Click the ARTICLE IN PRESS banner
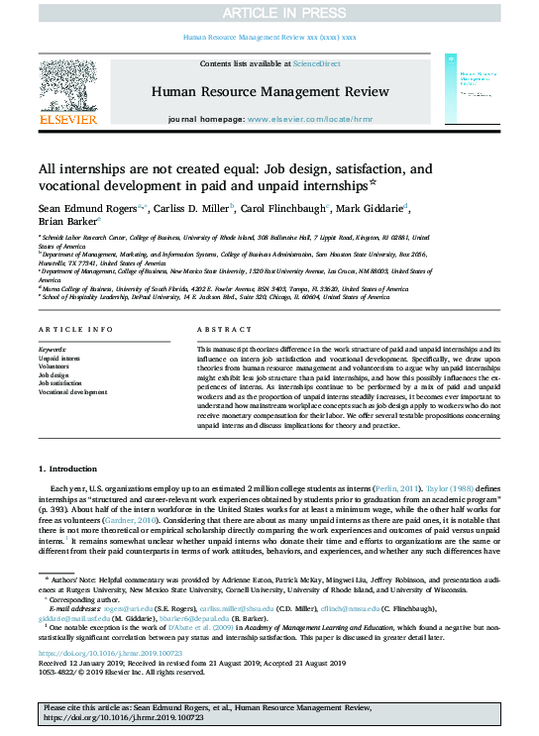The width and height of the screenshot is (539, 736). coord(269,12)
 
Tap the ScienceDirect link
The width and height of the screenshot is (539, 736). coord(316,62)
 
